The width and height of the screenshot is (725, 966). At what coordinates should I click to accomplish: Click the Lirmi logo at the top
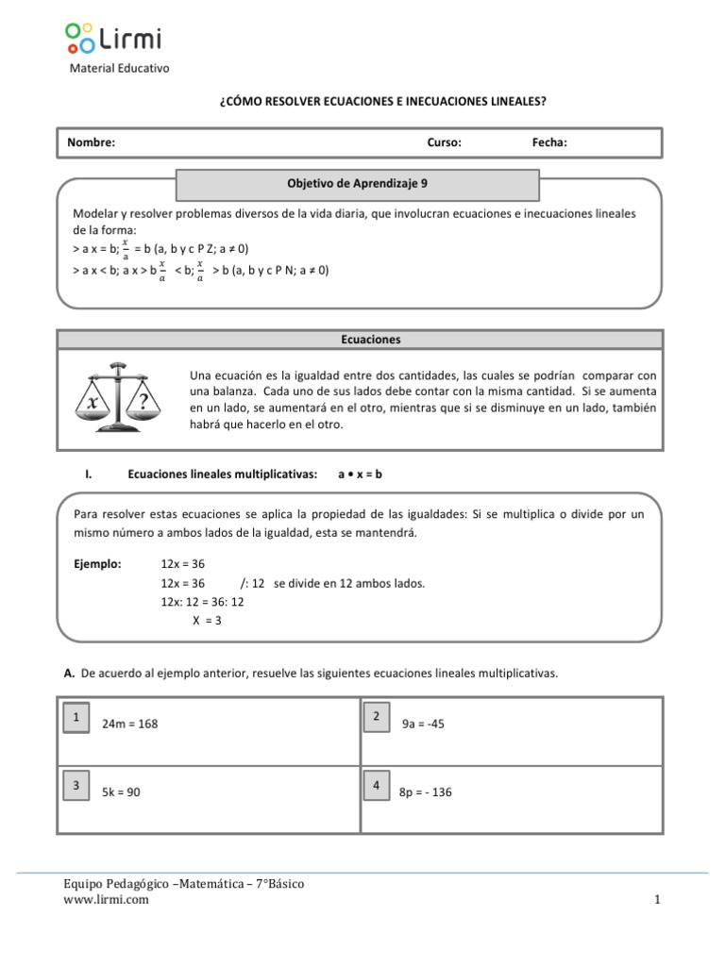[x=113, y=38]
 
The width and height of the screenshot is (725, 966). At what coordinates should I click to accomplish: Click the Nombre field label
[x=91, y=143]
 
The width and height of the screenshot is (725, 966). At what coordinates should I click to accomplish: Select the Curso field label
[x=444, y=143]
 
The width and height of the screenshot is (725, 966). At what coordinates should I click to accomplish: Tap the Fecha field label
[x=549, y=143]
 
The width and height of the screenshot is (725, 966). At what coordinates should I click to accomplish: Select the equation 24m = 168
[x=131, y=724]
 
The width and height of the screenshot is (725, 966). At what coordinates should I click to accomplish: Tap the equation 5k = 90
[x=121, y=792]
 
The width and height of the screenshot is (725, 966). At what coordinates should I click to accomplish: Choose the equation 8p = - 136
[x=426, y=792]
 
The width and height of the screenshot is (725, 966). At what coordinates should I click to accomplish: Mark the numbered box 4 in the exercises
[x=377, y=786]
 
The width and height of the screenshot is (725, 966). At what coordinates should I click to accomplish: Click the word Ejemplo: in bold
[x=97, y=564]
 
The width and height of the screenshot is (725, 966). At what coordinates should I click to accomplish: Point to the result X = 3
[x=207, y=620]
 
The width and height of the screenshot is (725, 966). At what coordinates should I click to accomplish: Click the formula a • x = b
[x=360, y=475]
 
